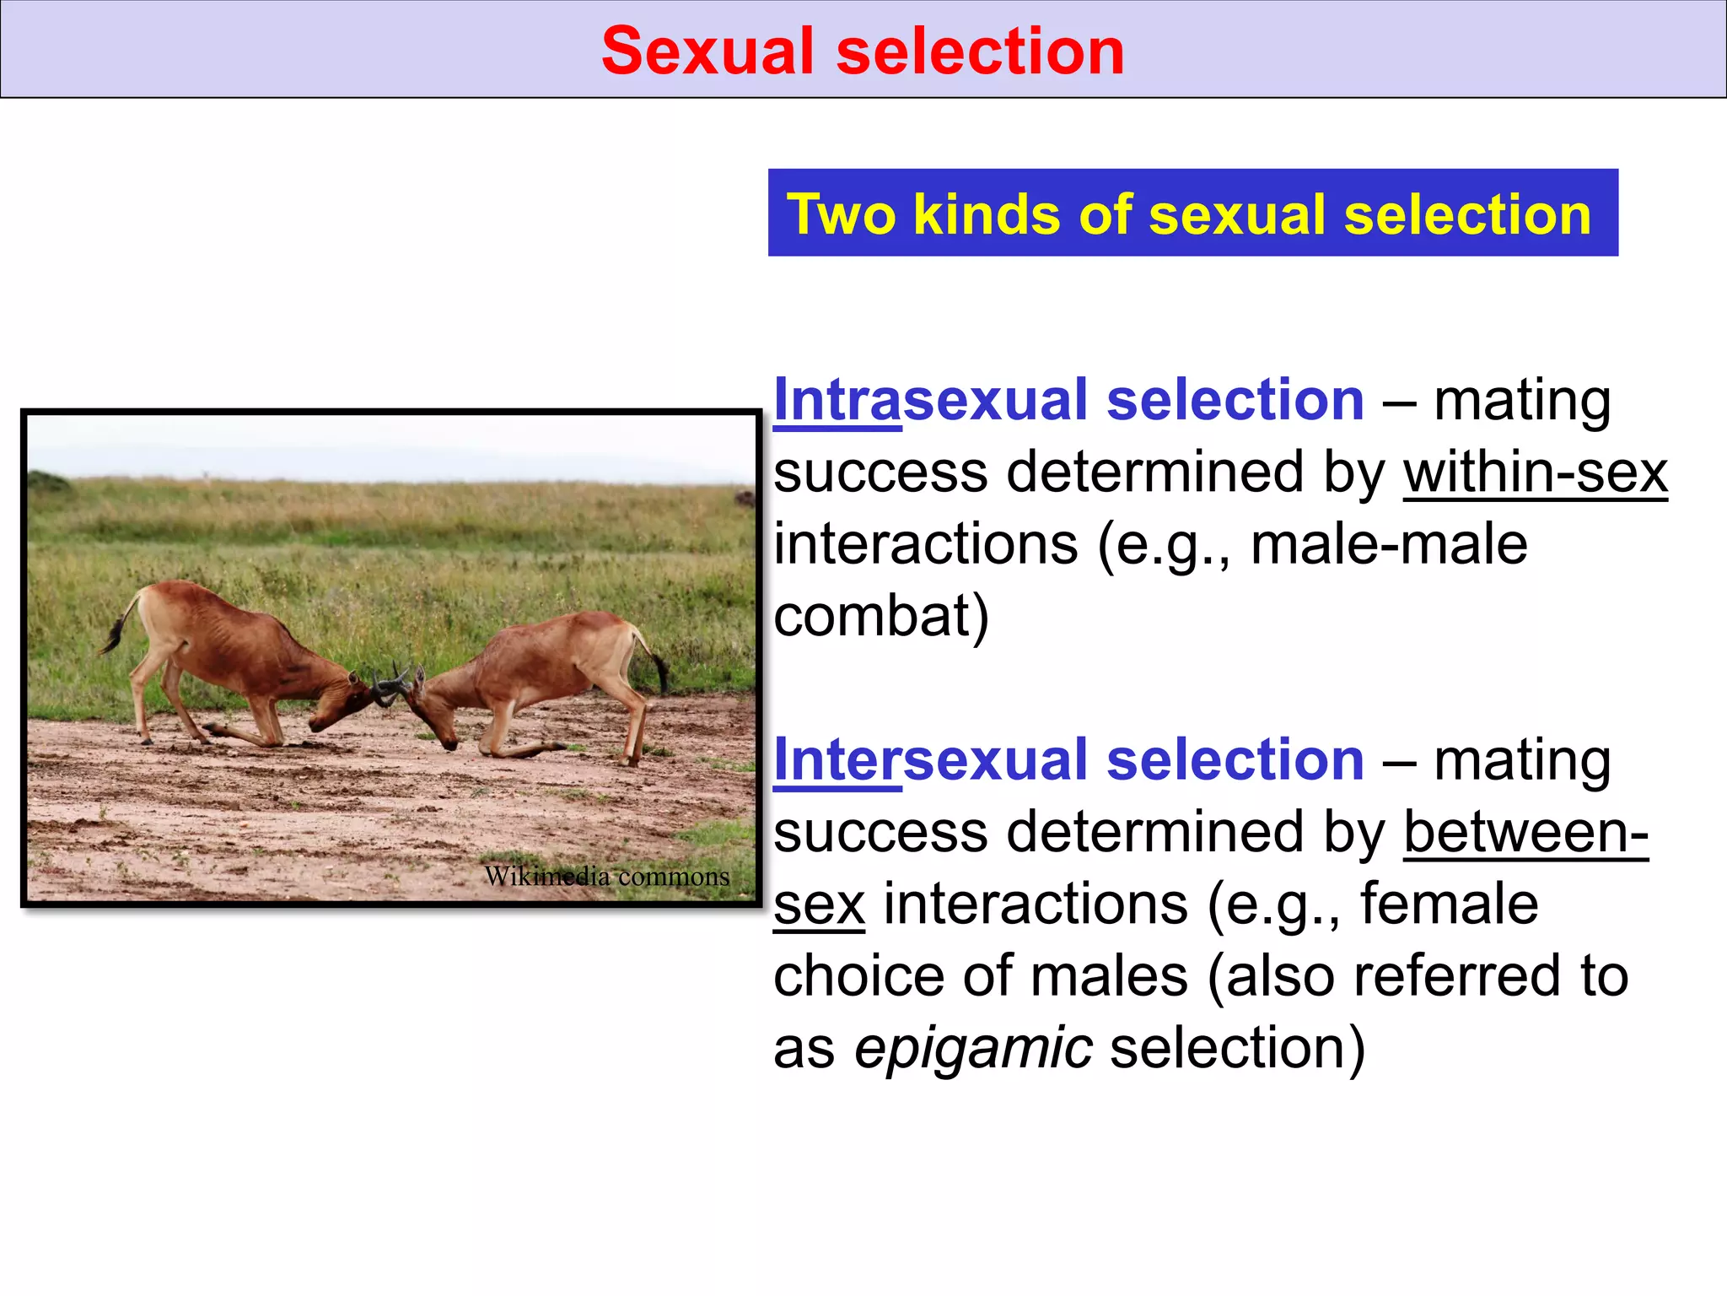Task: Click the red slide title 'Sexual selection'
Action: point(863,51)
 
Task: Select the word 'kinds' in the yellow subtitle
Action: point(987,214)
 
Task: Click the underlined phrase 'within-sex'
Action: point(1535,472)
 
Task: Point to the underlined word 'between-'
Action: point(1525,833)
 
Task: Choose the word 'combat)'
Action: point(881,617)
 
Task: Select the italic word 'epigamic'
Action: point(973,1048)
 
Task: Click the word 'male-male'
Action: point(1388,544)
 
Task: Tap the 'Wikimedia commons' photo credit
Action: point(606,877)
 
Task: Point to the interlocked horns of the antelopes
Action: point(391,685)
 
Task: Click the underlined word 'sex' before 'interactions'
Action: point(819,904)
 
